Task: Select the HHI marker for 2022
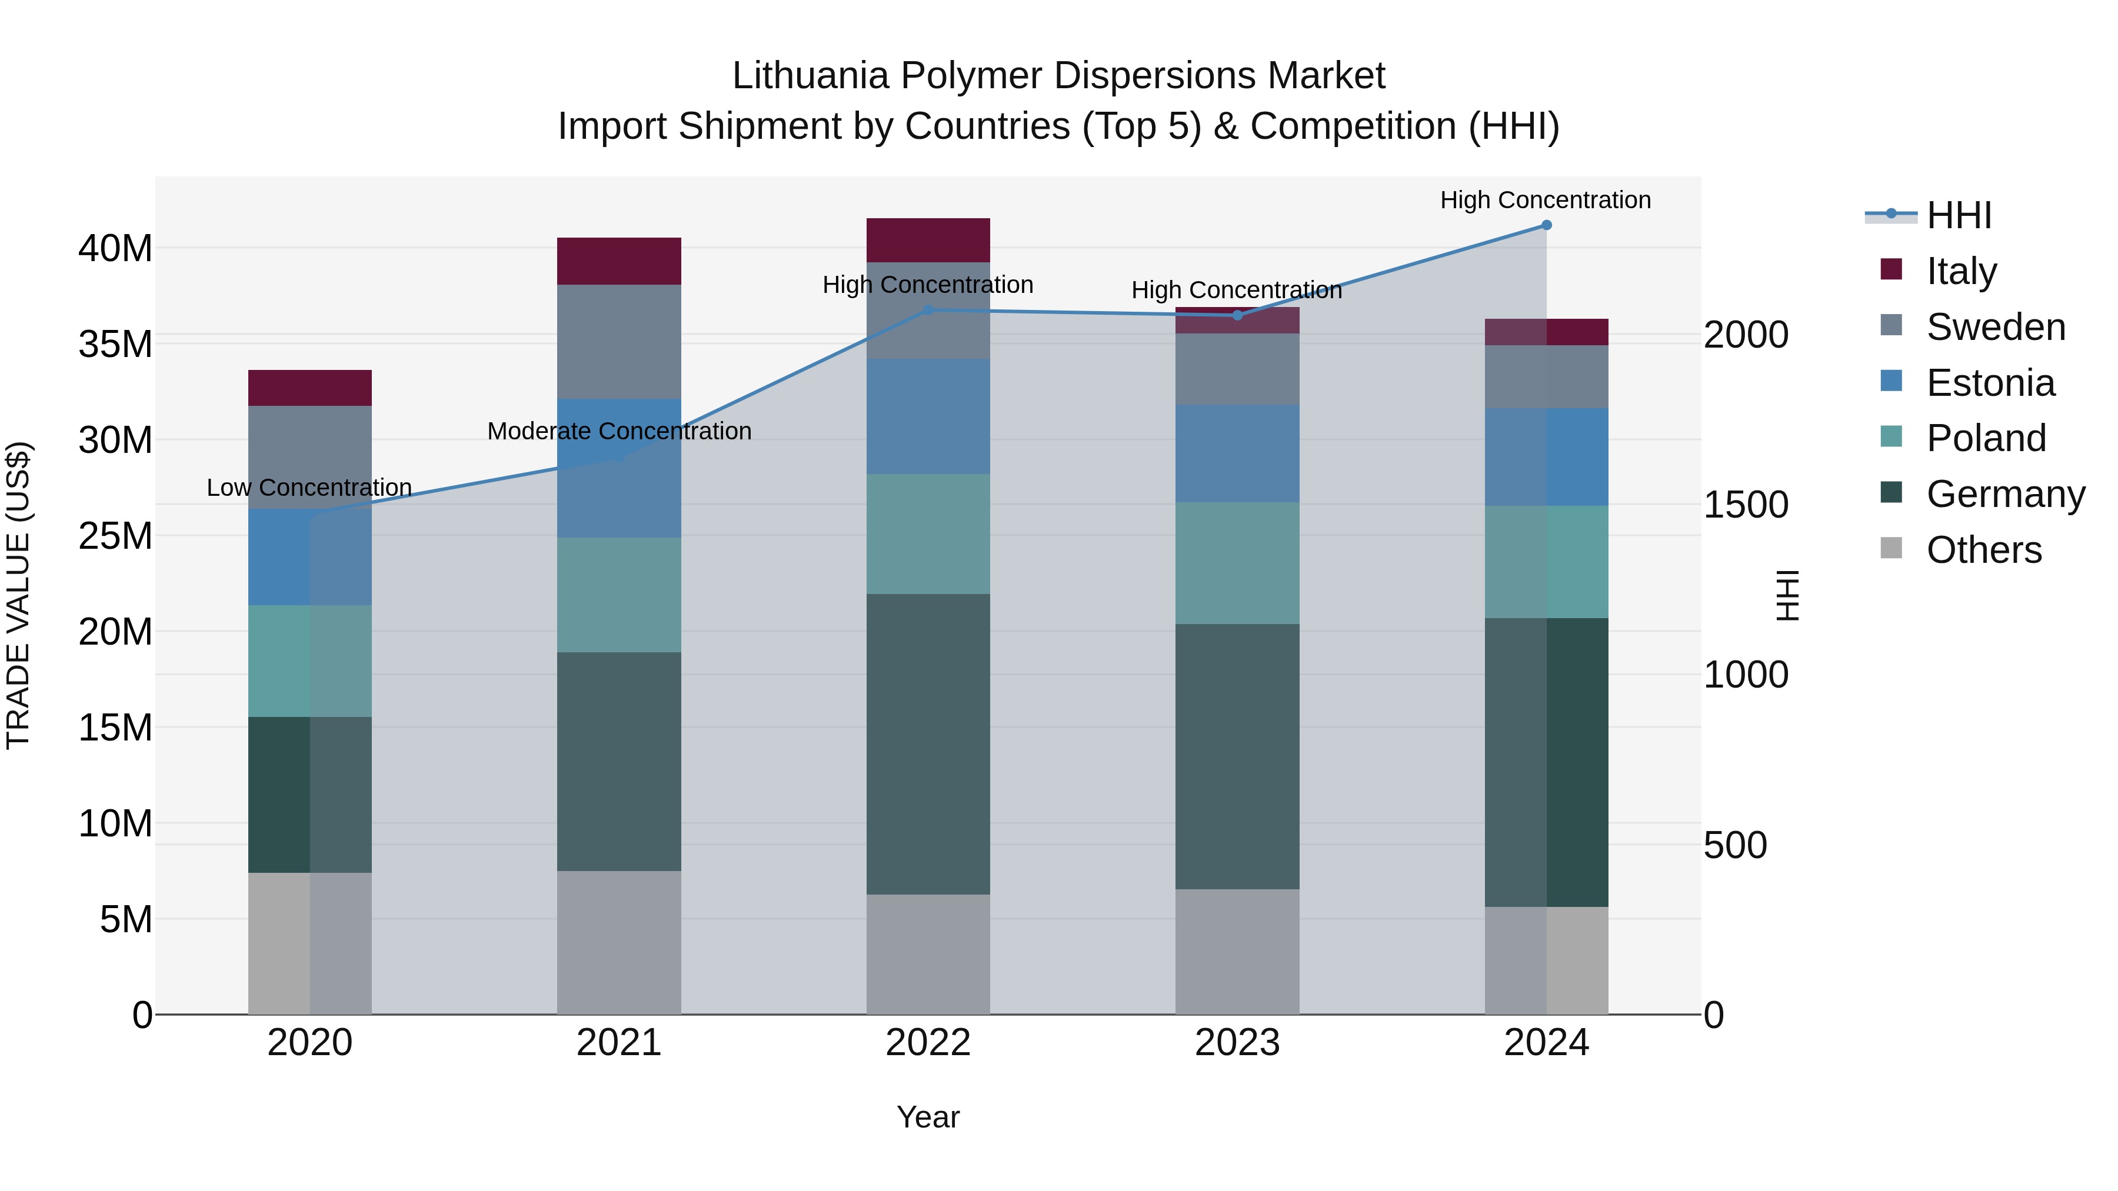928,310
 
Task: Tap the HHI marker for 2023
1237,315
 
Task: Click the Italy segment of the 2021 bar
619,261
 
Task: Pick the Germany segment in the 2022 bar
928,744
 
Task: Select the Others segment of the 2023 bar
1237,951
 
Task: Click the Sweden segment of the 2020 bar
310,457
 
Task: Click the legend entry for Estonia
1990,383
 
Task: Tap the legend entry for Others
1983,550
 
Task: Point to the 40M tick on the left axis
115,248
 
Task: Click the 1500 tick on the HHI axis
1746,505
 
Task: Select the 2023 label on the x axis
1237,1043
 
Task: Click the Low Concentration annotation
309,488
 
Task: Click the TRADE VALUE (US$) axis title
18,595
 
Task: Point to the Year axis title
928,1117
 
